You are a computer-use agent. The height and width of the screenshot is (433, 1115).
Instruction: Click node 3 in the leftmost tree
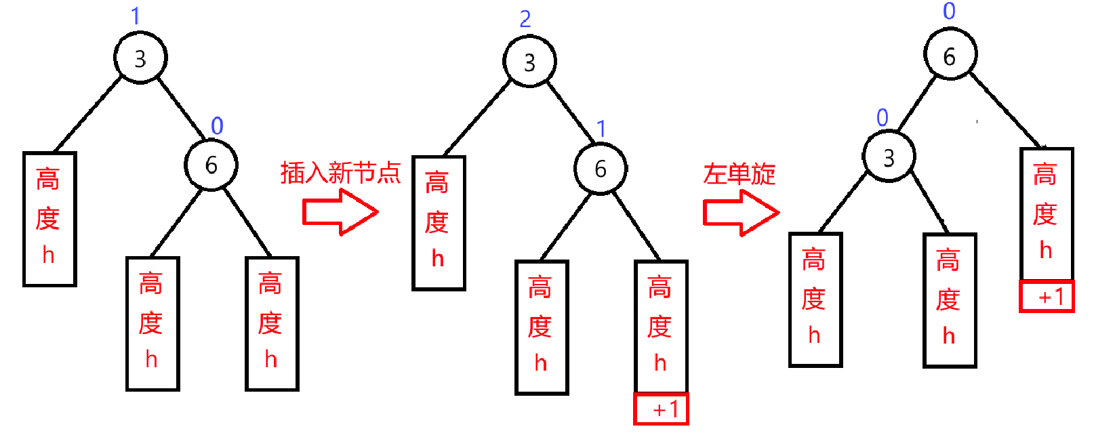tap(140, 58)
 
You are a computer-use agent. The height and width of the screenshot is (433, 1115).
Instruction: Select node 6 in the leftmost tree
tap(211, 165)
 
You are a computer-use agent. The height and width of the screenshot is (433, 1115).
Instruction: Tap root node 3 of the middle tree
tap(529, 62)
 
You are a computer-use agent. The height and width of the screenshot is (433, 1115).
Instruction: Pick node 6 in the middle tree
tap(601, 169)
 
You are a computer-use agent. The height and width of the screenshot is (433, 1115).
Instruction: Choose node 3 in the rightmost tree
tap(889, 158)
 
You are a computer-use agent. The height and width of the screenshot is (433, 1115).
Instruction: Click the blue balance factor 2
tap(525, 19)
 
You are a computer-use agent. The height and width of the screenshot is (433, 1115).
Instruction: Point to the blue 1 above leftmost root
tap(136, 16)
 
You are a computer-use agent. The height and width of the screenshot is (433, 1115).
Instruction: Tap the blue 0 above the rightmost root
tap(949, 11)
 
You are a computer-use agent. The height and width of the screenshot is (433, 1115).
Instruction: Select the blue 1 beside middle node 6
tap(601, 128)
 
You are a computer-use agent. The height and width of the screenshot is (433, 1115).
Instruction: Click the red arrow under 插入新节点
tap(339, 212)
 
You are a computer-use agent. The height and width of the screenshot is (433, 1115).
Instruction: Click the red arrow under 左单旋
tap(740, 212)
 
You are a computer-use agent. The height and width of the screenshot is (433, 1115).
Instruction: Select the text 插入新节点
tap(340, 173)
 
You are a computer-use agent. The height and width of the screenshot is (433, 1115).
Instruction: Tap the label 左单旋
tap(739, 174)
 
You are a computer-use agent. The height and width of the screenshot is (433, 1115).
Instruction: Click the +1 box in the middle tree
tap(661, 409)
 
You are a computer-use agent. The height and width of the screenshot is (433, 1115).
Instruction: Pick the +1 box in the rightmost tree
tap(1047, 296)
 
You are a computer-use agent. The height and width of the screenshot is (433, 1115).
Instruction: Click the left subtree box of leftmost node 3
tap(49, 219)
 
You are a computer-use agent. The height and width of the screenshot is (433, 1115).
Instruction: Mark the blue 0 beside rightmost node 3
tap(882, 117)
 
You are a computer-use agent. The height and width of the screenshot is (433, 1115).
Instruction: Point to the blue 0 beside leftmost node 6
tap(217, 125)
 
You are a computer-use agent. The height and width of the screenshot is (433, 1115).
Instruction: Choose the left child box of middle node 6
tap(541, 327)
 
